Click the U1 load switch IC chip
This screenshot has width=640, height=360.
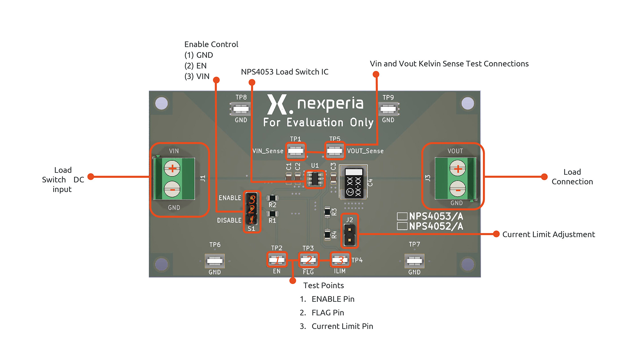[315, 179]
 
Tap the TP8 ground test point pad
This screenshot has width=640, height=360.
[241, 109]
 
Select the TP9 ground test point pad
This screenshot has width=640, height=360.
[388, 109]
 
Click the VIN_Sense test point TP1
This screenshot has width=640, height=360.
[296, 151]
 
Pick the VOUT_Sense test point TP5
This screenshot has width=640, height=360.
[335, 151]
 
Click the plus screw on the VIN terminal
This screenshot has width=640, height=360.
[172, 168]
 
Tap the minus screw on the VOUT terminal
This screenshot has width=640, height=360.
[458, 189]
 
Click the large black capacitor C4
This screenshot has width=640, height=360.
[354, 182]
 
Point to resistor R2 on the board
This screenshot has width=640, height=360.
[272, 198]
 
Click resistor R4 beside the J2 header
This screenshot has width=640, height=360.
[327, 235]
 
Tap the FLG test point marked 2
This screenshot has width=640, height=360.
[308, 260]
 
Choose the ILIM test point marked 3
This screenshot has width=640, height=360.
[340, 260]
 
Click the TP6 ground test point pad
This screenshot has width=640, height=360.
[215, 261]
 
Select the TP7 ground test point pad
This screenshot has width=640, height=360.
[414, 261]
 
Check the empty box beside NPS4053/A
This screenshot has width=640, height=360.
[402, 216]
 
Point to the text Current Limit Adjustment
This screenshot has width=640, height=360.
[548, 235]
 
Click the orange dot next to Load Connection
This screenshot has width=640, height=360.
[544, 177]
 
